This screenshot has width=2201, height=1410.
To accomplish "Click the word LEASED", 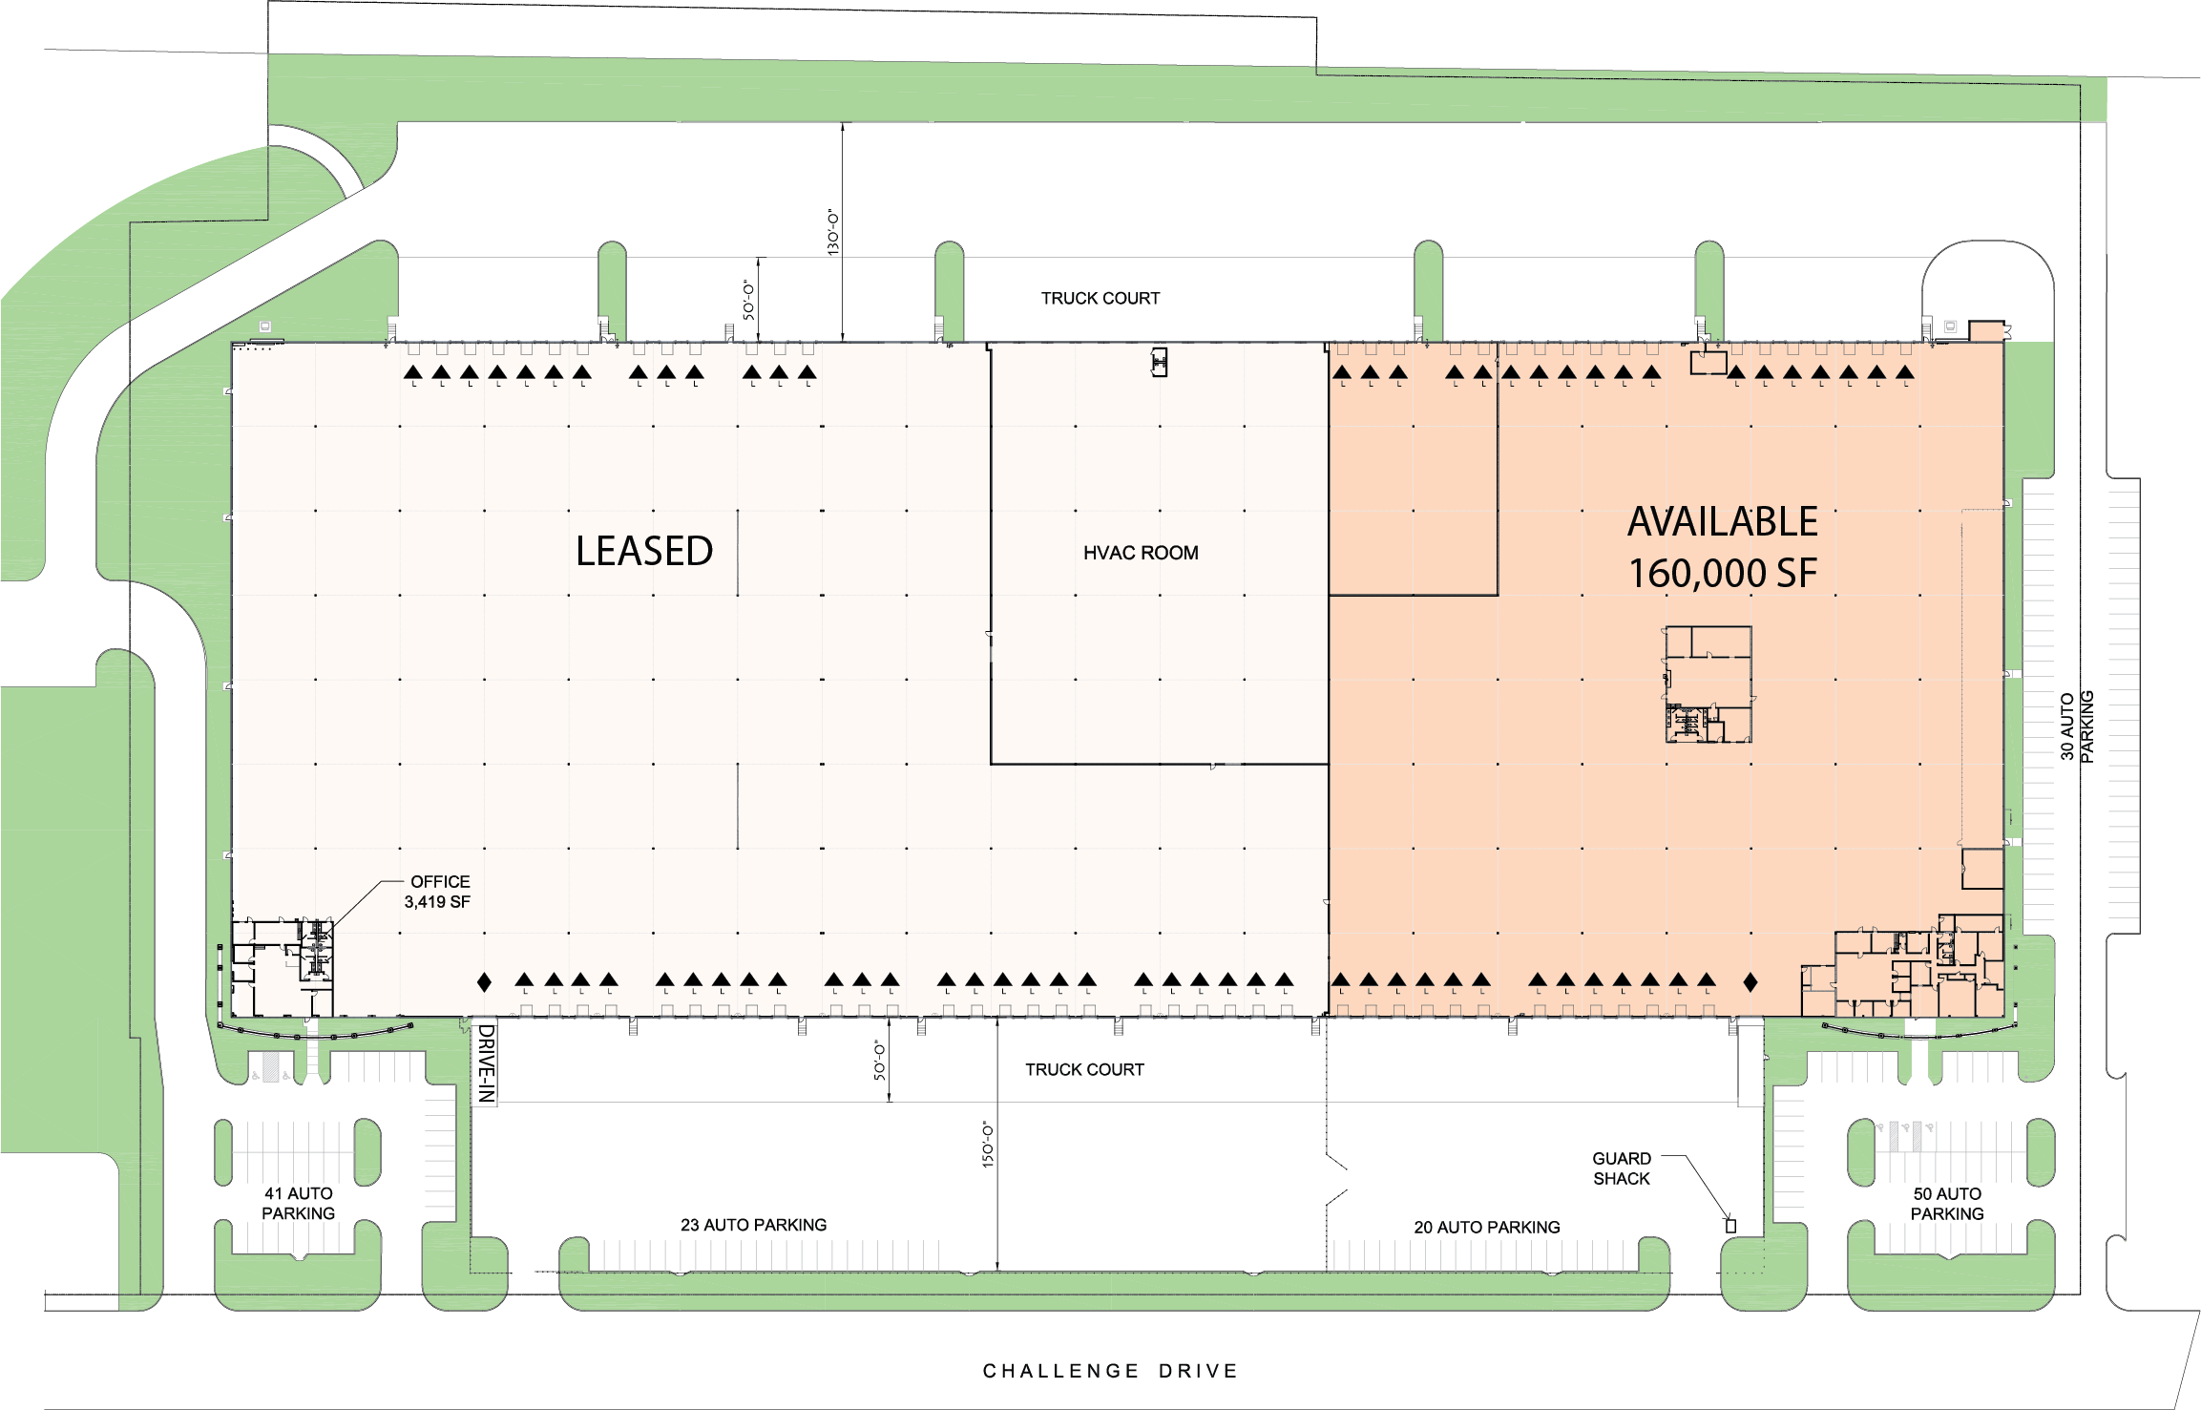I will click(x=644, y=552).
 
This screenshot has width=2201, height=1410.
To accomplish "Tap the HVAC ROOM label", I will click(x=1141, y=553).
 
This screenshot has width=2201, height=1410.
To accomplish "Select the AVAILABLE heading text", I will click(x=1723, y=522).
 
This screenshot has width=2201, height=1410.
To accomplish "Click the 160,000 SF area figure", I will click(x=1723, y=574).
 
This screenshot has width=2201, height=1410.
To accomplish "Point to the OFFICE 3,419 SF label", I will click(x=438, y=892).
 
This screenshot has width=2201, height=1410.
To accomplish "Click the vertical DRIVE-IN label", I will click(x=486, y=1063).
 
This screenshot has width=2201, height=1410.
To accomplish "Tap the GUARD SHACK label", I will click(x=1621, y=1168).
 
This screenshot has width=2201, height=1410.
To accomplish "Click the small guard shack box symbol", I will click(x=1730, y=1225).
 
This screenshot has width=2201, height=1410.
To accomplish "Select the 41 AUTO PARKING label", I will click(x=299, y=1204).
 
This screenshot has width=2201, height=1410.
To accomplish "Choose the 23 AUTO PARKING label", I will click(x=753, y=1225).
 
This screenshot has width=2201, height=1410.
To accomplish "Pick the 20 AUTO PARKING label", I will click(x=1486, y=1227).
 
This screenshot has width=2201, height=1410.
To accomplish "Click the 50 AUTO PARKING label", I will click(x=1947, y=1204).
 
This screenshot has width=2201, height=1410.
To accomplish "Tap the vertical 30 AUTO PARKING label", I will click(x=2077, y=726).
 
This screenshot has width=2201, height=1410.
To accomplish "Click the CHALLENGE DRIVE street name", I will click(x=1110, y=1371).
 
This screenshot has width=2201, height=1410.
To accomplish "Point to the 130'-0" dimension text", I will click(x=833, y=232).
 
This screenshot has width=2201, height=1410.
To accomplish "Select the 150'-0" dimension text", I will click(x=988, y=1145).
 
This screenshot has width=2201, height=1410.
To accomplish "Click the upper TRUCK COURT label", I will click(x=1100, y=299).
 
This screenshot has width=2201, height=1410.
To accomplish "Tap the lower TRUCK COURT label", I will click(x=1084, y=1070).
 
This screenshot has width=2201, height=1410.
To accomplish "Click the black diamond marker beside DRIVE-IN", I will click(x=484, y=981).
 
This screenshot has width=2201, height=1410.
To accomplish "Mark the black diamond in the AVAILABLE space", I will click(x=1750, y=981).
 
